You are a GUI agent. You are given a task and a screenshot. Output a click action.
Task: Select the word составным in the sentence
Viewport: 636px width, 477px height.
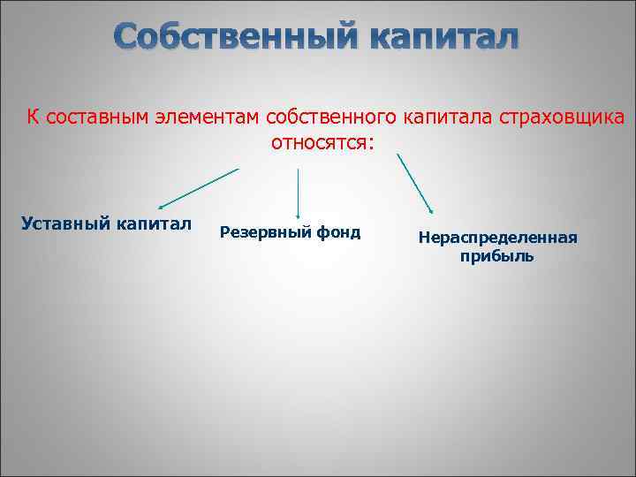(92, 117)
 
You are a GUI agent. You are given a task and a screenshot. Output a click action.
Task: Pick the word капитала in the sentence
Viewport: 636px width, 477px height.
(447, 117)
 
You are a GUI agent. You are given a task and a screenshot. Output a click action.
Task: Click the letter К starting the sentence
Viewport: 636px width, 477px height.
(32, 117)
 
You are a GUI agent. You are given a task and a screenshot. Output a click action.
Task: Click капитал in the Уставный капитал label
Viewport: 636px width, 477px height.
(153, 222)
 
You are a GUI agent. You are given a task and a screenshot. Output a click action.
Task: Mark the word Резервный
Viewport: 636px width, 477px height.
(259, 232)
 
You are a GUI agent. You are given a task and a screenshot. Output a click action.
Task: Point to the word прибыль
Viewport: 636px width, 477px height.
(496, 257)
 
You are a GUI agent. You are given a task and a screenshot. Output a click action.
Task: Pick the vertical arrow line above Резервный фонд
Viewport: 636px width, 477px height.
(298, 190)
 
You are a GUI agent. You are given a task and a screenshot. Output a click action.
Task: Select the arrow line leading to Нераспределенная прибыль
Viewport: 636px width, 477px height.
(414, 183)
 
